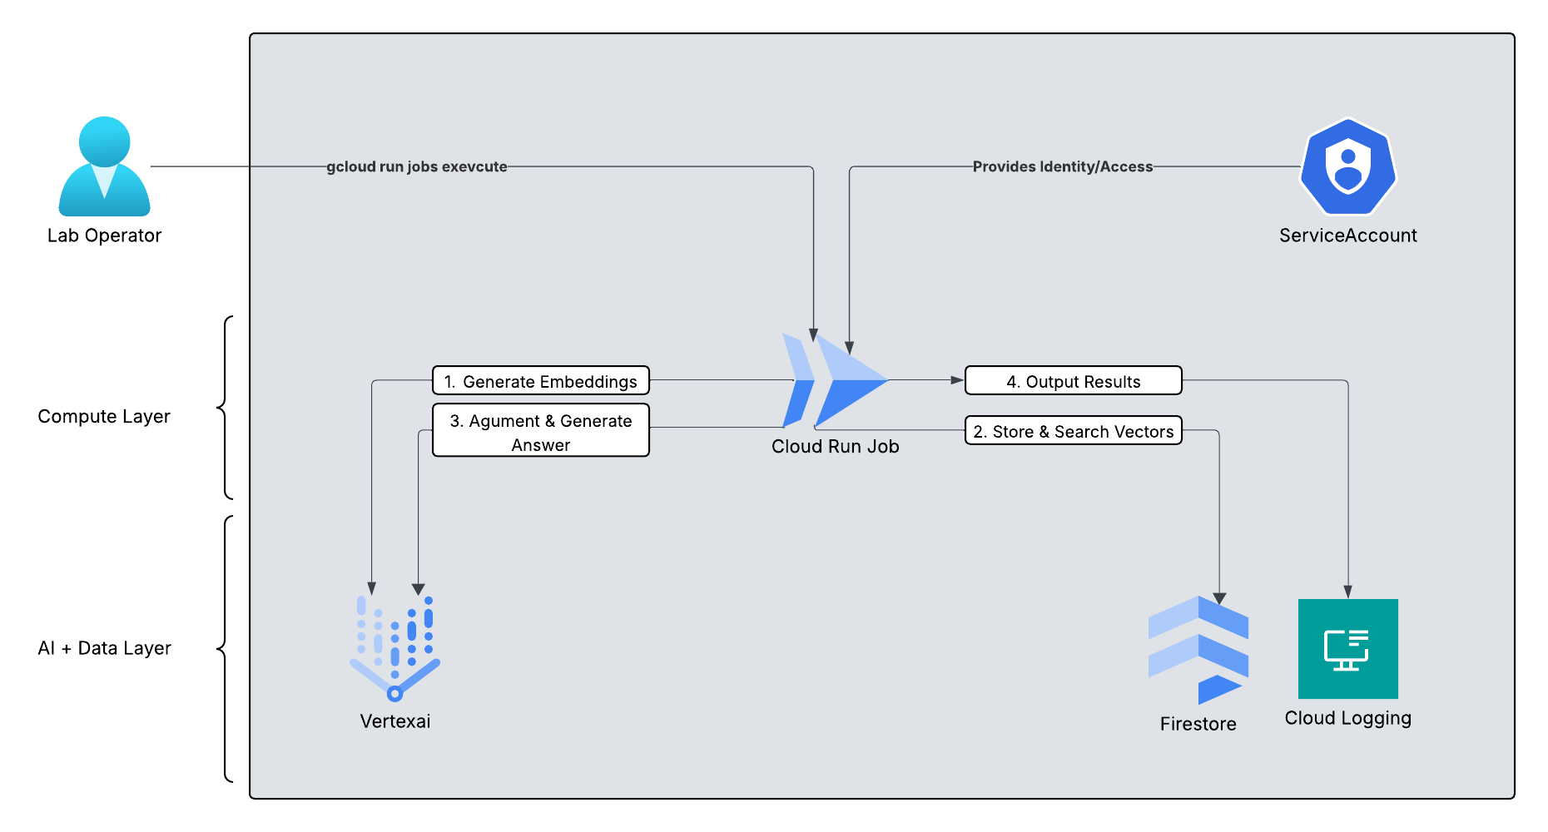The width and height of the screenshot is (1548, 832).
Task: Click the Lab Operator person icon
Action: point(104,166)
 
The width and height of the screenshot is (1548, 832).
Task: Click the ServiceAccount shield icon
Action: point(1347,167)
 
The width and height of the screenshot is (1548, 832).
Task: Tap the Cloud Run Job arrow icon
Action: point(835,381)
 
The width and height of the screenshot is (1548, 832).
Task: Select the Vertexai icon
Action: point(394,648)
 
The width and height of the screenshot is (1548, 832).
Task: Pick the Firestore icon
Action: point(1198,650)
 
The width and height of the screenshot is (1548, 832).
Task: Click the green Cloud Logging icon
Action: point(1347,649)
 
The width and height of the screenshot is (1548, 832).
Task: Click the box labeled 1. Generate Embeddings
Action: point(540,381)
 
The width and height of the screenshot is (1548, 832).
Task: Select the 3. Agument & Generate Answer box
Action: point(540,431)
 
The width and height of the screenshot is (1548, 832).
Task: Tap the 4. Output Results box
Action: point(1073,381)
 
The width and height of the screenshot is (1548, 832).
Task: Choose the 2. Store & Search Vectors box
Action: point(1073,431)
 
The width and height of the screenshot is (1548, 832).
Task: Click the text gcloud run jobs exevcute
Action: point(416,166)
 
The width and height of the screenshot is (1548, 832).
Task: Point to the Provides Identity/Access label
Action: point(1062,166)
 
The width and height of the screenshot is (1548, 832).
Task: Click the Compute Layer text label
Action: point(104,416)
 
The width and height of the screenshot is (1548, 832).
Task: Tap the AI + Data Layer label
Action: point(104,648)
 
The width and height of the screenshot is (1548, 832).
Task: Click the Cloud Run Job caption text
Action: point(835,447)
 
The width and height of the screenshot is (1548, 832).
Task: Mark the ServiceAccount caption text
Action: point(1347,235)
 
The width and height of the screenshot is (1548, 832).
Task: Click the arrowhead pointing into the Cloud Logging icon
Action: point(1347,592)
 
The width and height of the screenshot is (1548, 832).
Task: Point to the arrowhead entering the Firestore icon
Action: point(1219,598)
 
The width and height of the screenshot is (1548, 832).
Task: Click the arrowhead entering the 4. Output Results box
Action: point(957,380)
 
